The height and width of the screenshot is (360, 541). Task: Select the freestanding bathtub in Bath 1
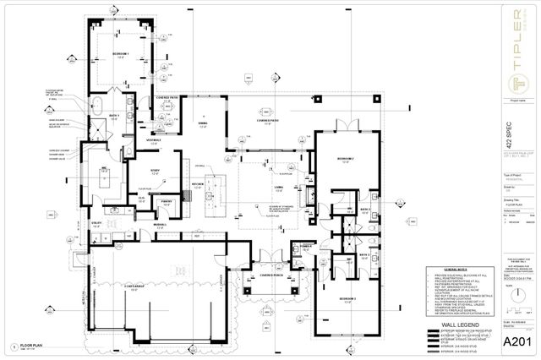[98, 108]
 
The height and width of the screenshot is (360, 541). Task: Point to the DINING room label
[203, 123]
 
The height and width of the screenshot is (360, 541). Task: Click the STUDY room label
[156, 170]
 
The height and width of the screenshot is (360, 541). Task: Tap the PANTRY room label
[167, 201]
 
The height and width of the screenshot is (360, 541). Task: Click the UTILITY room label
[96, 224]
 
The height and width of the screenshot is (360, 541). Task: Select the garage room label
[135, 287]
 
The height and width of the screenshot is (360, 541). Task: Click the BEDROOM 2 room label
[342, 159]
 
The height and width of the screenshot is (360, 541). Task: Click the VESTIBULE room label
[155, 140]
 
